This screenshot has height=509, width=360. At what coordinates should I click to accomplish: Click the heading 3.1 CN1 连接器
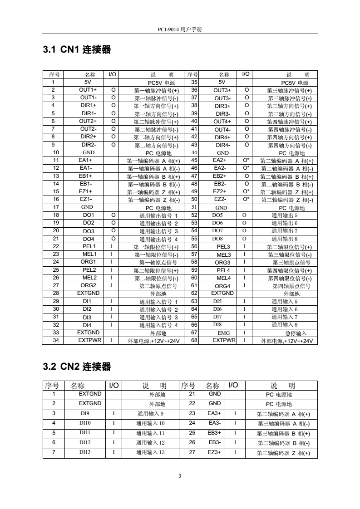point(77,50)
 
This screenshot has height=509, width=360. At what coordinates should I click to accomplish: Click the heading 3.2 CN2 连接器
point(77,366)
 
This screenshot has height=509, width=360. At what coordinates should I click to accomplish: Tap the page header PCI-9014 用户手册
point(180,29)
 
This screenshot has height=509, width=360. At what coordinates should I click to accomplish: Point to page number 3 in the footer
point(180,475)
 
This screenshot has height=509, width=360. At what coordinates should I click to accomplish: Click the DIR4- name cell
point(222,145)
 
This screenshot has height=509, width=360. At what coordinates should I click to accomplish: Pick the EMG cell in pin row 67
point(223,333)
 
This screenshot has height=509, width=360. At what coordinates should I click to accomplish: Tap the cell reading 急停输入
point(286,333)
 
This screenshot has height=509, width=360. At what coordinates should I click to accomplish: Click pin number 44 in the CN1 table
point(194,153)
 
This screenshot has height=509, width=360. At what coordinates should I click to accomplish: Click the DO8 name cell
point(217,239)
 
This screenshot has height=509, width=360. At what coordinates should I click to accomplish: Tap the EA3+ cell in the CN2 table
point(214,413)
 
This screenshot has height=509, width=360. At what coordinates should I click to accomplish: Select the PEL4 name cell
point(223,270)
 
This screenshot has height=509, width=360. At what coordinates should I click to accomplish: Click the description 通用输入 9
point(150,414)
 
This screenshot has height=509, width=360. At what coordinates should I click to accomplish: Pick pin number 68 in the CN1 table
point(194,341)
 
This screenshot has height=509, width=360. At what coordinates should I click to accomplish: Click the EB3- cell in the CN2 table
point(214,442)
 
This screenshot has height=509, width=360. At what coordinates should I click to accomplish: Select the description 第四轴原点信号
point(291,286)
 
